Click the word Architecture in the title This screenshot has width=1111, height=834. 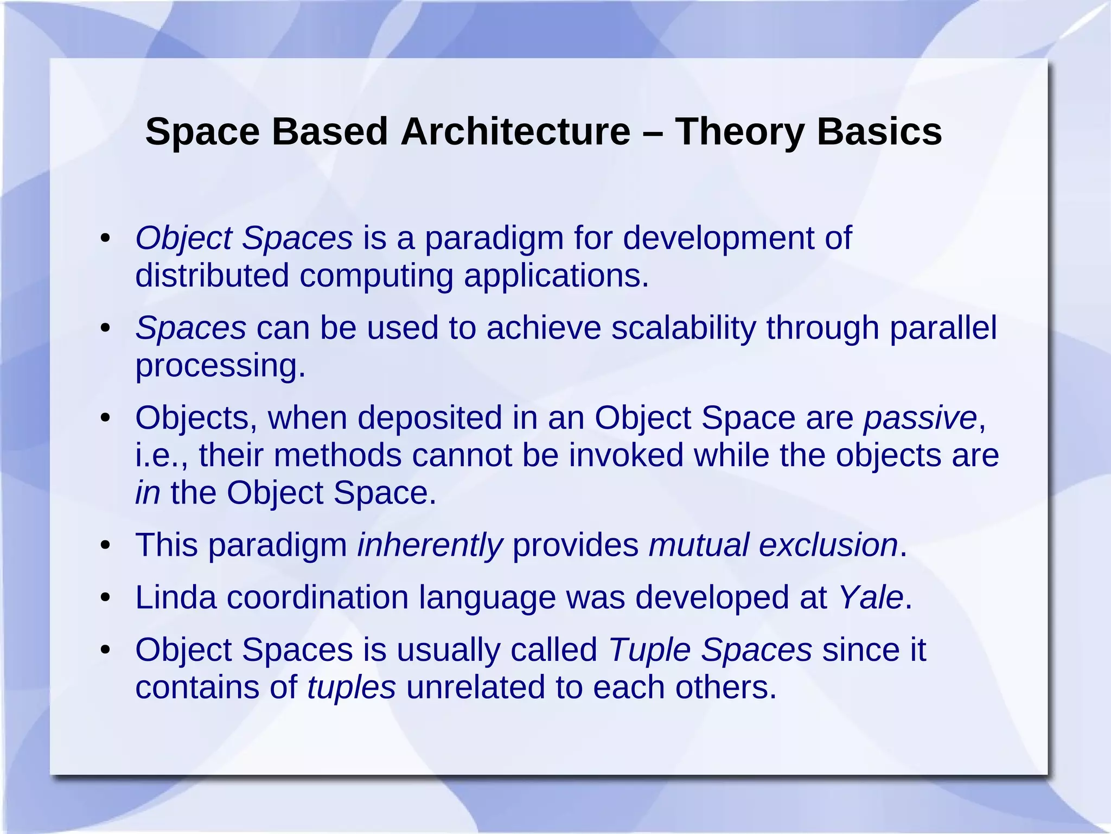click(515, 132)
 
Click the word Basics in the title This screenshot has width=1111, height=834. click(879, 132)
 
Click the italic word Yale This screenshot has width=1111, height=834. click(870, 597)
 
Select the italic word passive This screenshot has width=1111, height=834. click(920, 418)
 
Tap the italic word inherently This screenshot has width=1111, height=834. click(430, 545)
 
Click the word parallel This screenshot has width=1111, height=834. click(943, 328)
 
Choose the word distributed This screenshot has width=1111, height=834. click(212, 276)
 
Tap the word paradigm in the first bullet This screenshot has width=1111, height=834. click(494, 239)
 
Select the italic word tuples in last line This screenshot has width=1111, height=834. click(351, 687)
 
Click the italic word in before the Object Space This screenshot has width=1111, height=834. click(148, 493)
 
